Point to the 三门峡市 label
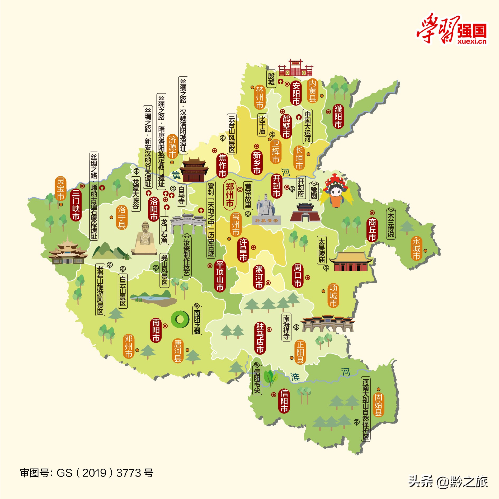pos(76,205)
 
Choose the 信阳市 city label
pos(284,401)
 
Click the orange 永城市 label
pos(416,248)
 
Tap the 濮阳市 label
pos(338,116)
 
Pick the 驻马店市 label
pos(260,338)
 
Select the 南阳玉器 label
pos(197,321)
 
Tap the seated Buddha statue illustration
pos(144,239)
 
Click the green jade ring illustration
pos(180,319)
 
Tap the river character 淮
pos(295,377)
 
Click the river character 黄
pos(176,175)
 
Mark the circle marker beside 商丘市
pos(372,213)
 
